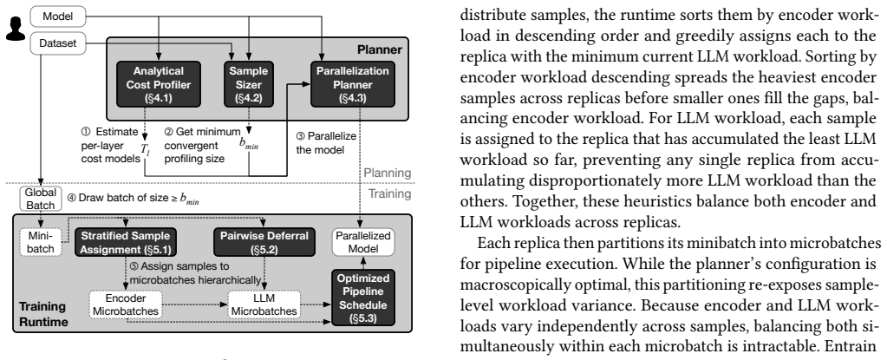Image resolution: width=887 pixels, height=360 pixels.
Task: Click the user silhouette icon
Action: click(x=16, y=29)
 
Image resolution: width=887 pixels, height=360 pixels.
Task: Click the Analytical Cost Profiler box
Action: click(x=159, y=85)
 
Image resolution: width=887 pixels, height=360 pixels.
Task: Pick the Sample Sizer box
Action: click(x=248, y=85)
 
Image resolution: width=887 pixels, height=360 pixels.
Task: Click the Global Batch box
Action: click(x=40, y=198)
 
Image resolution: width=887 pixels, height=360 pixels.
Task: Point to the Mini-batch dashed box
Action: click(x=40, y=241)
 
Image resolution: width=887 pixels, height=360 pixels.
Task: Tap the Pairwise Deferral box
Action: click(x=264, y=241)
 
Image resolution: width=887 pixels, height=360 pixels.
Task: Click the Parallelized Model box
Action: click(x=362, y=241)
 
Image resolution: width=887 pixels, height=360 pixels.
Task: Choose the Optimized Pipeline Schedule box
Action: click(x=362, y=298)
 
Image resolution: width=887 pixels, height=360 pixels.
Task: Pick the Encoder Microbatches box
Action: click(x=126, y=304)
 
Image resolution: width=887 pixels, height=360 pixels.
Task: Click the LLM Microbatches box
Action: click(x=264, y=304)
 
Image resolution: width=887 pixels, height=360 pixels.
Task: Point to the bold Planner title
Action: click(x=379, y=49)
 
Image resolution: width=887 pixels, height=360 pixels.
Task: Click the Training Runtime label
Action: click(x=43, y=314)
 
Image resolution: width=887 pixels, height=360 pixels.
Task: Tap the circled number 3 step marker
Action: click(x=300, y=137)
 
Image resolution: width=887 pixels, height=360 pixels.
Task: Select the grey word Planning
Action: click(x=388, y=173)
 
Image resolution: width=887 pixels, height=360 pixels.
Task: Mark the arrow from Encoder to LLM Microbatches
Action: click(x=195, y=304)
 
